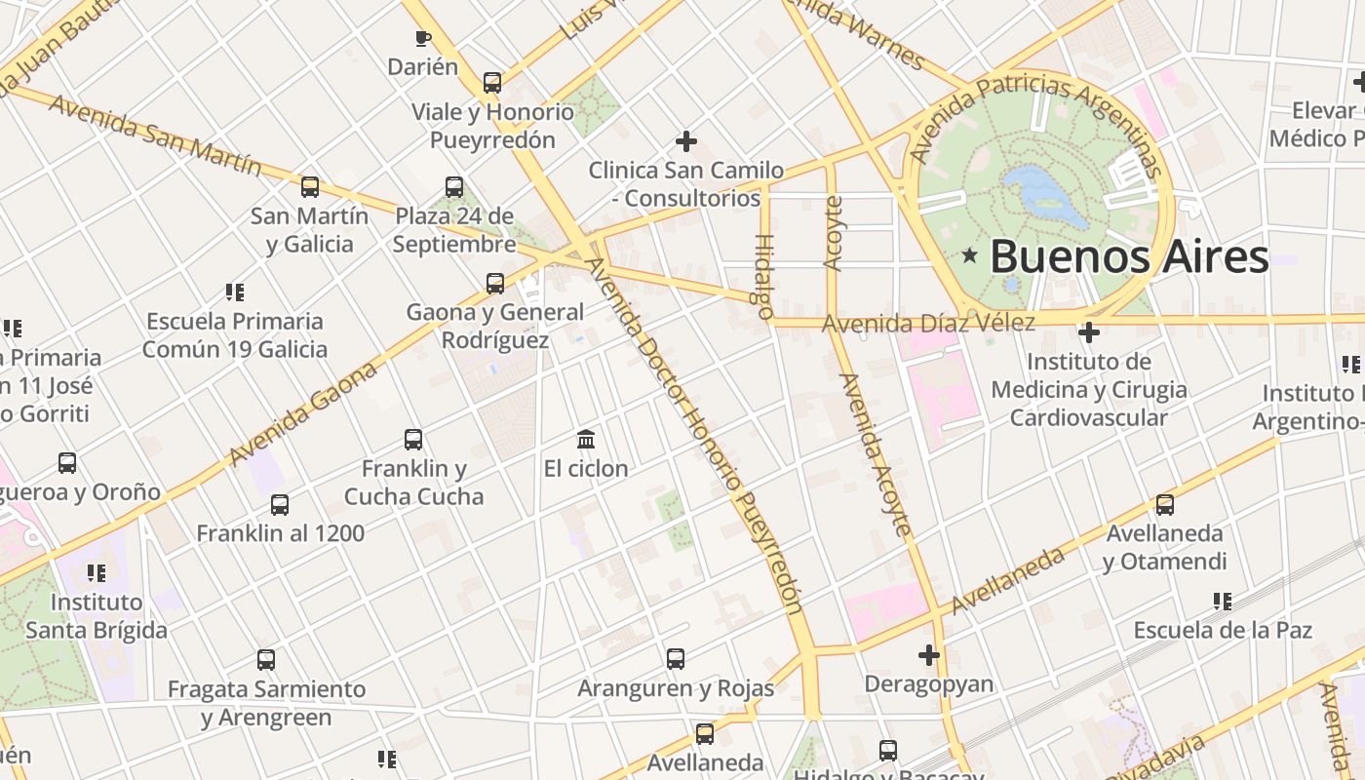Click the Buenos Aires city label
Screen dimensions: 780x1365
pyautogui.click(x=1129, y=257)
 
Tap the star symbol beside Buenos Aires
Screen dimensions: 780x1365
pyautogui.click(x=969, y=256)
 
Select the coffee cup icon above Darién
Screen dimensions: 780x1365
pyautogui.click(x=422, y=38)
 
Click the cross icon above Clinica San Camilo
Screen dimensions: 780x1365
pyautogui.click(x=686, y=141)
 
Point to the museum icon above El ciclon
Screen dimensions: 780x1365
pyautogui.click(x=586, y=439)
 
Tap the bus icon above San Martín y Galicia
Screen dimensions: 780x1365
pyautogui.click(x=310, y=186)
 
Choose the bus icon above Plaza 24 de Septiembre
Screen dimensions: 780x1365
pyautogui.click(x=454, y=186)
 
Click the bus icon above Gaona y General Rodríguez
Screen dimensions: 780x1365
pyautogui.click(x=495, y=284)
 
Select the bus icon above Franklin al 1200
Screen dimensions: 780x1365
pyautogui.click(x=280, y=504)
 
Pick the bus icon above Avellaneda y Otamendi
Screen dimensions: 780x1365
pyautogui.click(x=1164, y=504)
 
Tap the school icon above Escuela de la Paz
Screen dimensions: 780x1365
pyautogui.click(x=1222, y=601)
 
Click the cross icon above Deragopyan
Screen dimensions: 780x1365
pyautogui.click(x=929, y=654)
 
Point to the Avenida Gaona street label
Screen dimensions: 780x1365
pyautogui.click(x=302, y=414)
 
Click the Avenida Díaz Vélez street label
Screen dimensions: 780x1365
pyautogui.click(x=927, y=323)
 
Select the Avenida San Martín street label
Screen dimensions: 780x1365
pyautogui.click(x=155, y=136)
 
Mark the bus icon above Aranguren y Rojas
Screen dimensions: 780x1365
pyautogui.click(x=676, y=659)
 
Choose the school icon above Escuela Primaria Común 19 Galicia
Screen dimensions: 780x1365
pyautogui.click(x=234, y=292)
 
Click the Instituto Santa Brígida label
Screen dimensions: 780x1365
pyautogui.click(x=96, y=616)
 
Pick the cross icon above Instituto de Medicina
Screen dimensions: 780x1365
pyautogui.click(x=1089, y=332)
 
